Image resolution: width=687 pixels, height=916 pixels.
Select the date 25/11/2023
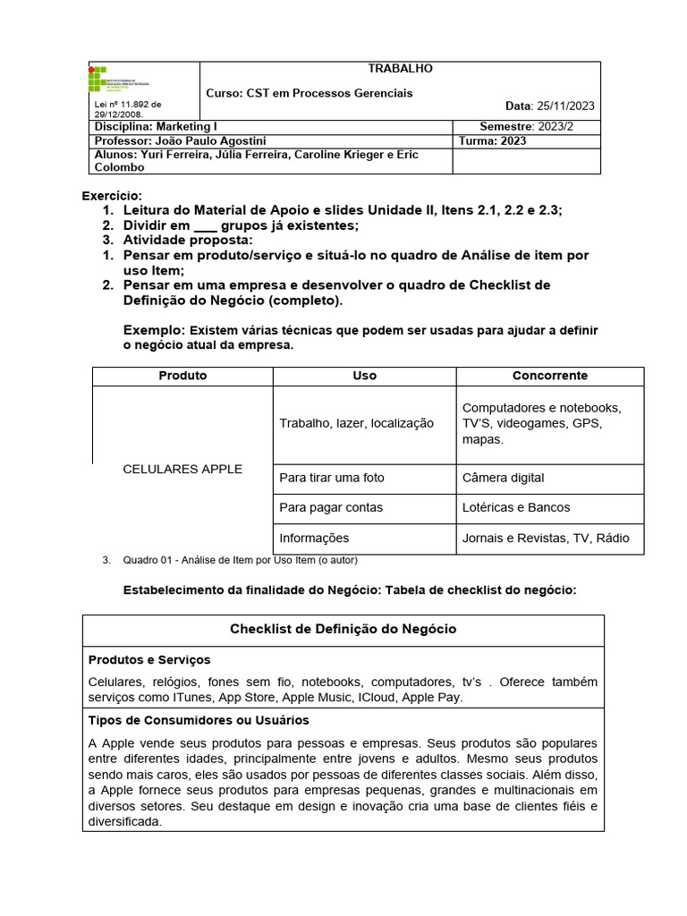click(x=563, y=106)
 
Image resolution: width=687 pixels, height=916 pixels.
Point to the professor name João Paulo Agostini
click(x=210, y=141)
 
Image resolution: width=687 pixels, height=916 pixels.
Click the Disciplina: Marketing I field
click(x=156, y=127)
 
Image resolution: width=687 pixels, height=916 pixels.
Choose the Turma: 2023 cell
click(x=492, y=141)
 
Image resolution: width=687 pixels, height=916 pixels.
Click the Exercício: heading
click(x=112, y=196)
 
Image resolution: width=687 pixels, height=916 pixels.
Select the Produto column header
click(x=182, y=376)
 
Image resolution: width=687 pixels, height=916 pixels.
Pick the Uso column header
click(x=364, y=376)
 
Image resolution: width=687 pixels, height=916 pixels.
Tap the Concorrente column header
click(x=549, y=376)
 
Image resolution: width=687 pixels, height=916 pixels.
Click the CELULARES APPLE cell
click(x=182, y=469)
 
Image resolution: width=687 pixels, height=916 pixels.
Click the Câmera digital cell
click(x=503, y=478)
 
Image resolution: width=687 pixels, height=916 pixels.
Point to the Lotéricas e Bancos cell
click(x=516, y=507)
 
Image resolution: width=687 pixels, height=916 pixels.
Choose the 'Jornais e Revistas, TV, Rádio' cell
click(x=546, y=538)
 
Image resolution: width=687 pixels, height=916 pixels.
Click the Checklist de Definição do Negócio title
click(x=343, y=629)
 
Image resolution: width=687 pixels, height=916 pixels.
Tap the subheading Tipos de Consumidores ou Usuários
click(x=199, y=720)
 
